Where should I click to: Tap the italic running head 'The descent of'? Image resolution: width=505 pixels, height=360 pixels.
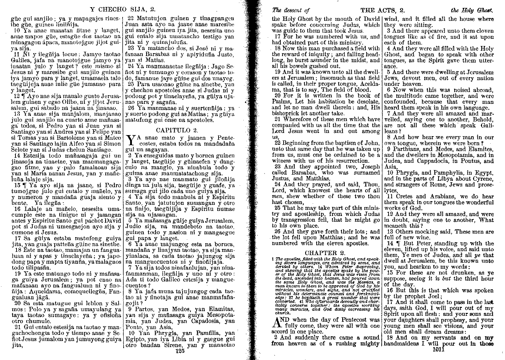[290, 10]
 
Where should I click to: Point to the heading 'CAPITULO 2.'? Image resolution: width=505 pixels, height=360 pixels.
[177, 130]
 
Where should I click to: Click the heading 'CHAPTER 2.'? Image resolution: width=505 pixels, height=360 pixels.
[325, 253]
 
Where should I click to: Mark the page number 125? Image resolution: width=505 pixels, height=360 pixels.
[179, 351]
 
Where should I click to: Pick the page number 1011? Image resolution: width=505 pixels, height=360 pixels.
[440, 349]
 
